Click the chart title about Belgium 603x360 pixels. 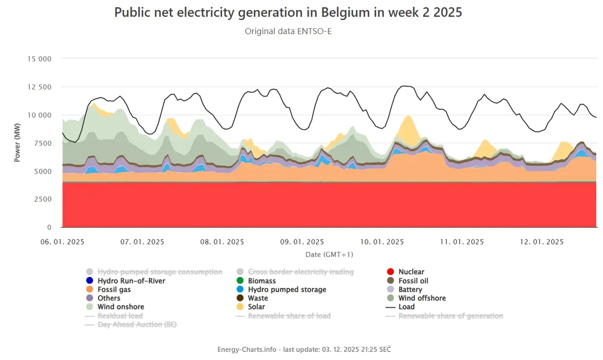tap(288, 13)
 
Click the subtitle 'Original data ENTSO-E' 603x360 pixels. tap(288, 31)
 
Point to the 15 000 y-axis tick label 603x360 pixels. tap(39, 59)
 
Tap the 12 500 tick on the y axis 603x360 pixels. tap(39, 87)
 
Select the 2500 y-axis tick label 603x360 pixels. tap(43, 199)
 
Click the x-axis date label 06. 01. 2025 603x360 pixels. tap(62, 242)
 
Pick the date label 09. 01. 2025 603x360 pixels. tap(302, 242)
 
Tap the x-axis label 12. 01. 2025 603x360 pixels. tap(542, 242)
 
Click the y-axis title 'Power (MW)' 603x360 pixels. tap(17, 142)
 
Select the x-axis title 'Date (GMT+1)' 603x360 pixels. tap(329, 254)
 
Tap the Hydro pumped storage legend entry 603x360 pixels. tap(281, 290)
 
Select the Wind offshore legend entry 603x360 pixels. tap(416, 298)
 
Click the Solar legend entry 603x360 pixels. tap(250, 307)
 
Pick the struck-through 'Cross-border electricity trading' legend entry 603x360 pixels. tap(295, 272)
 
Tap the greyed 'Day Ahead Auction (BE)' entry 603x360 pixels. tap(131, 324)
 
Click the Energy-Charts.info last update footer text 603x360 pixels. tap(304, 349)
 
